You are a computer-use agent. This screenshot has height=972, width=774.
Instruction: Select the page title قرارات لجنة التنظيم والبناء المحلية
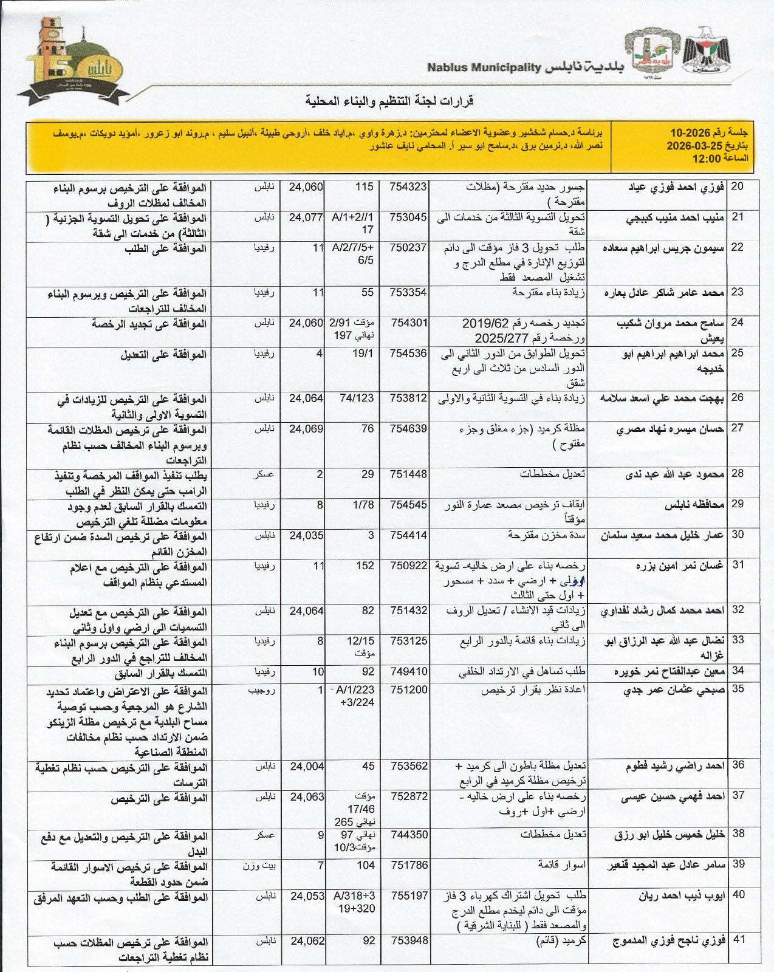386,100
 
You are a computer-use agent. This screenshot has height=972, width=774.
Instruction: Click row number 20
737,187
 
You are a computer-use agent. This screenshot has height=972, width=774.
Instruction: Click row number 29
737,504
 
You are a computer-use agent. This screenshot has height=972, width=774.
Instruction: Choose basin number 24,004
306,765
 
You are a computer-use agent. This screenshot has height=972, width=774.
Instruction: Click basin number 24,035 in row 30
306,535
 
